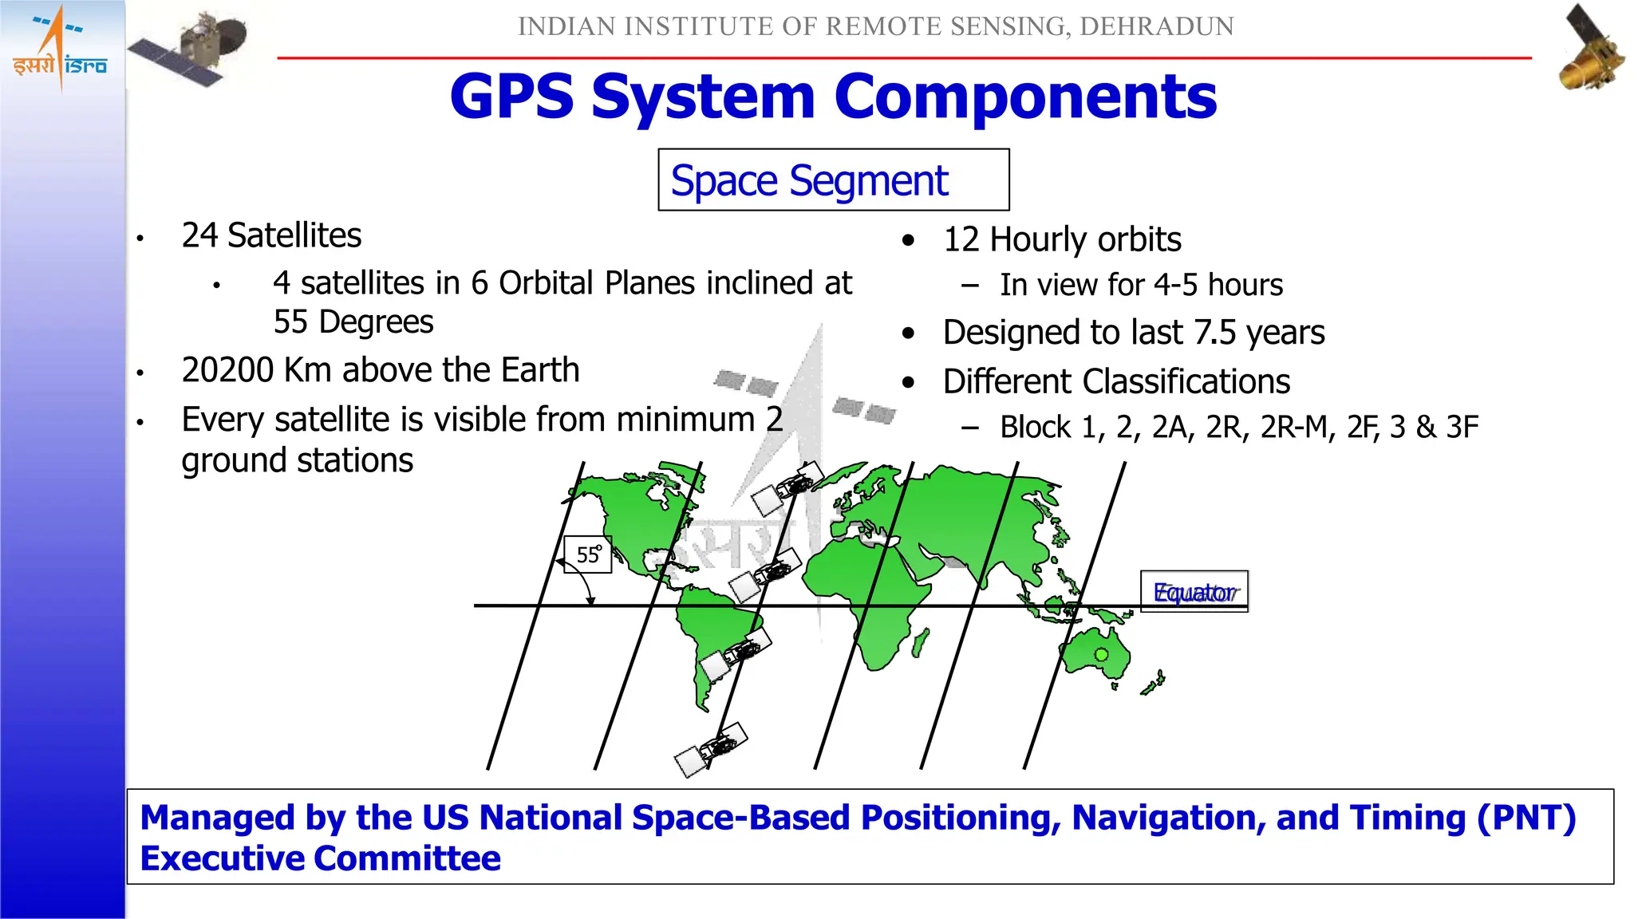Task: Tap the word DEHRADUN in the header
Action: [1156, 26]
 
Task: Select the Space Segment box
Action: [832, 180]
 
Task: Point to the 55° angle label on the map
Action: [587, 554]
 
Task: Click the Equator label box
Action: [1194, 592]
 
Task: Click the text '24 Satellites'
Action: [271, 235]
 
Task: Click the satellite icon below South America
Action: [711, 749]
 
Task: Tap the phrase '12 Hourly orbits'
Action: [1061, 239]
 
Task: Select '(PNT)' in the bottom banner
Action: [1525, 818]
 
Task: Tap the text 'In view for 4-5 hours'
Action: [1141, 285]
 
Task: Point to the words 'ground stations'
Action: [297, 461]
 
